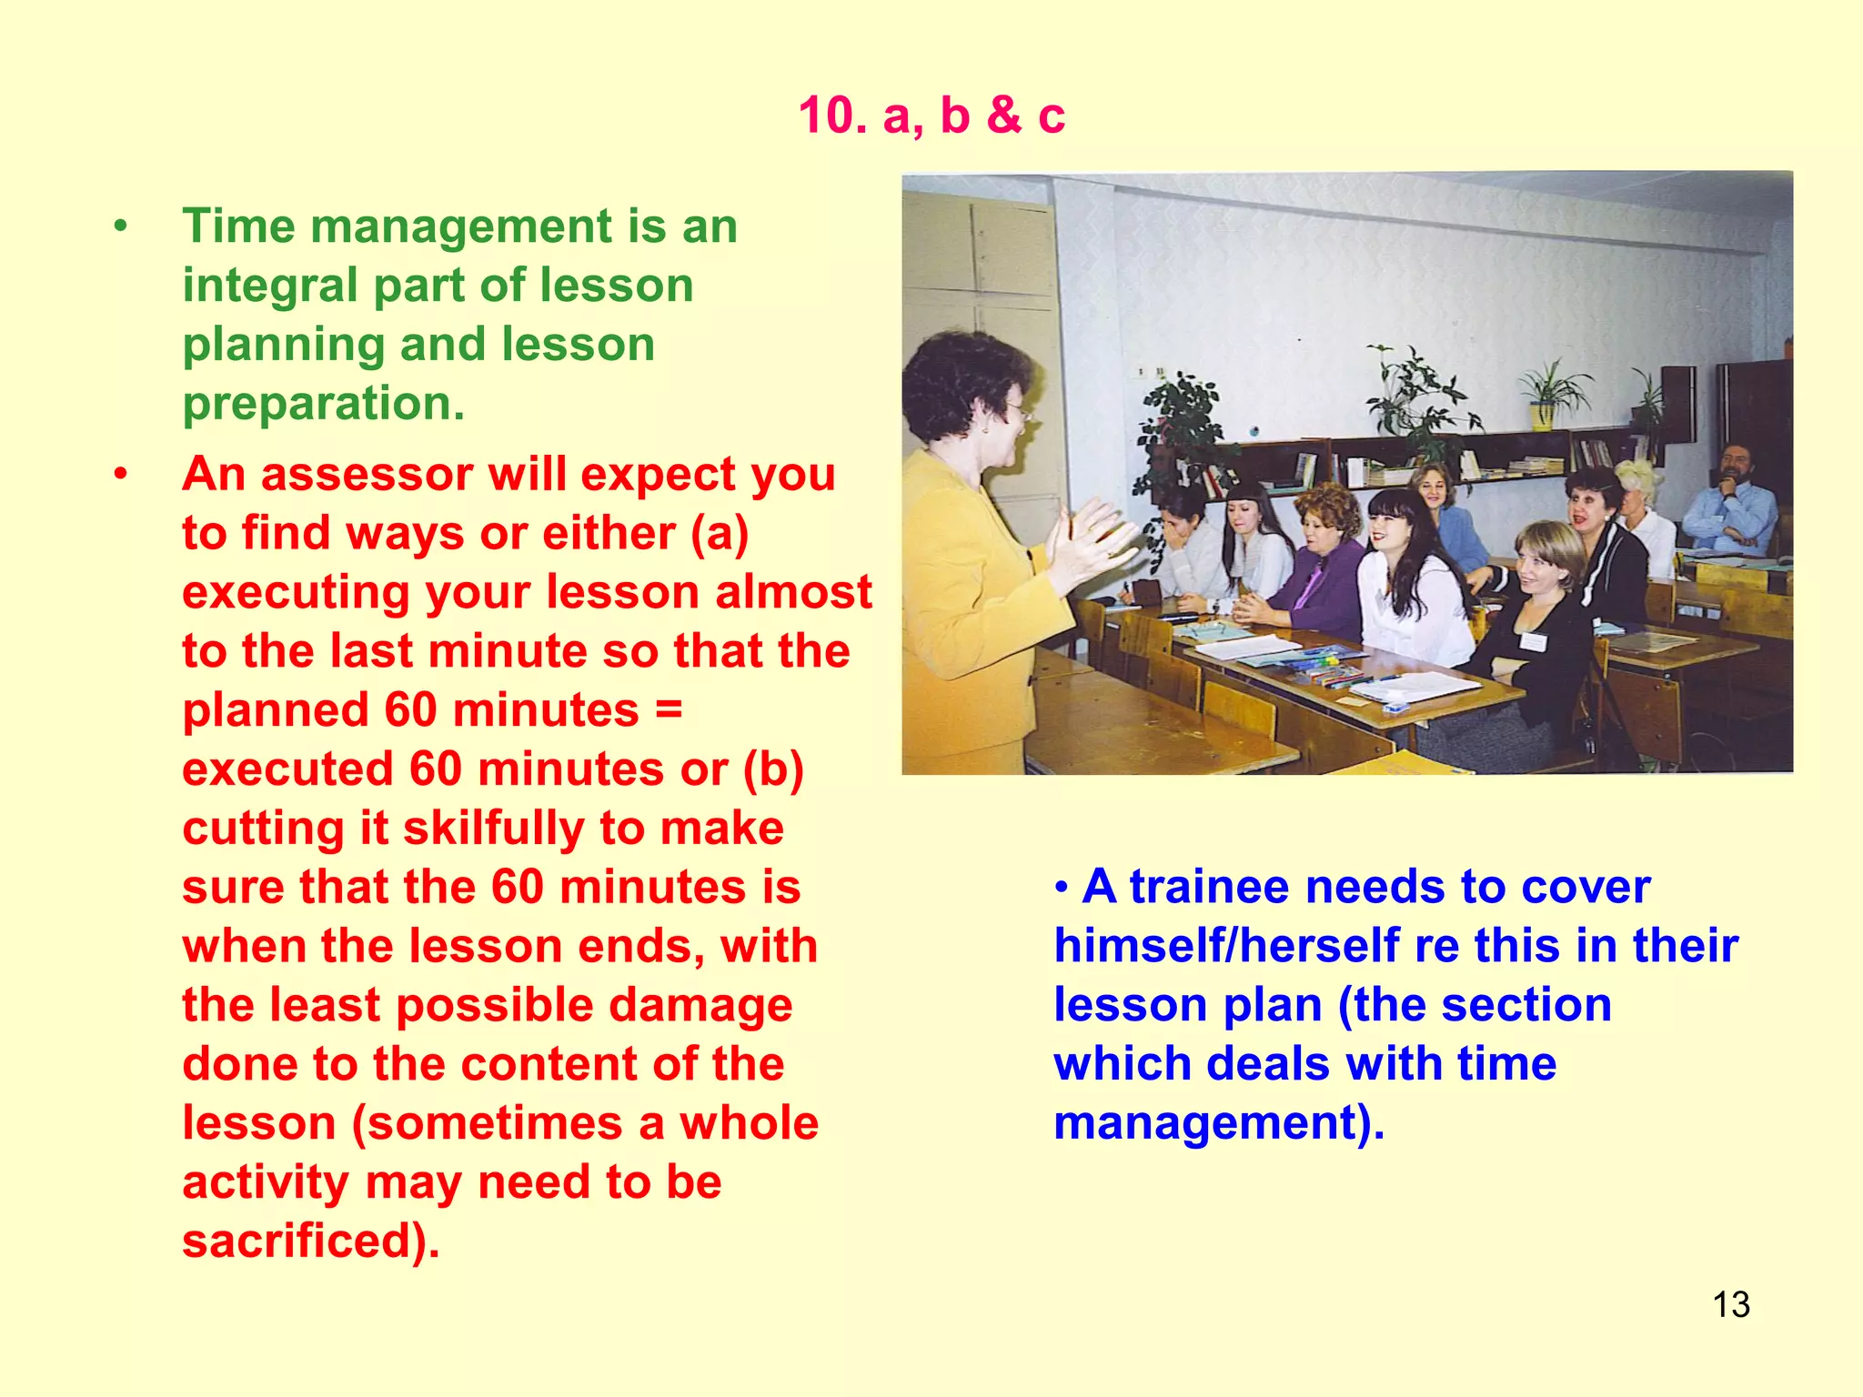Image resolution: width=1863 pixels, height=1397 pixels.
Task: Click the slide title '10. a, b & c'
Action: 931,116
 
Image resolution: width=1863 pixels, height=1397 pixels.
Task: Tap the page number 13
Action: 1730,1304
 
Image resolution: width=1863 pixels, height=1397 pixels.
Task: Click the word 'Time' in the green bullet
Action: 238,226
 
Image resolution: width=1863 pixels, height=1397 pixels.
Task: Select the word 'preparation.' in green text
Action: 324,403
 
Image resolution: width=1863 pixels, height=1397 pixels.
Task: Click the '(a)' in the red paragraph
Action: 719,533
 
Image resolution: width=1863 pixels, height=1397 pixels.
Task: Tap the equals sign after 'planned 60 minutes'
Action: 668,709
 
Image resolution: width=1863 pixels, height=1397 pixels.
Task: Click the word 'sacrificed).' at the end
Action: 310,1241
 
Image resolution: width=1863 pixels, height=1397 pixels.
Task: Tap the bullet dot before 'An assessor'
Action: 120,474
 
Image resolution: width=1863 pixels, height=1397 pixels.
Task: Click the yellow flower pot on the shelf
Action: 1541,415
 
